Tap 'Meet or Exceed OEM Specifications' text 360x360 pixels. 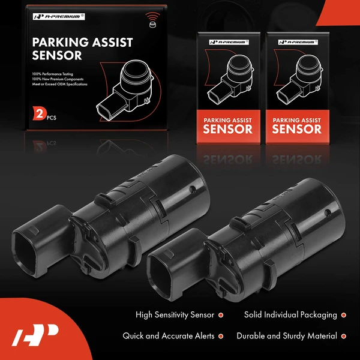tap(61, 85)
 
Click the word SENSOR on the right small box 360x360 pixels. tap(296, 129)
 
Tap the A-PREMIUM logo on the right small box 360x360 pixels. tap(296, 43)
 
